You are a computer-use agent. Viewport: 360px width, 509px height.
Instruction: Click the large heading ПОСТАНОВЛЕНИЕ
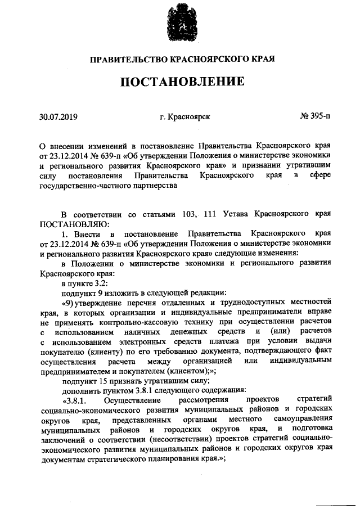pos(181,82)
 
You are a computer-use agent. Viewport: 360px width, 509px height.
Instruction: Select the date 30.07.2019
pos(58,118)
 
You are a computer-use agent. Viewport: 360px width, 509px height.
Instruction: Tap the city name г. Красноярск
pos(185,118)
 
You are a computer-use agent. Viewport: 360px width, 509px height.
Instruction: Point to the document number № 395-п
pos(316,118)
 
